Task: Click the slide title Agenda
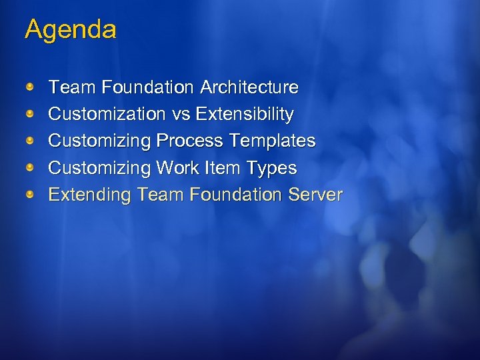[70, 30]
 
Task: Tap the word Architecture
[249, 87]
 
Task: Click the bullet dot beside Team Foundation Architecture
[31, 87]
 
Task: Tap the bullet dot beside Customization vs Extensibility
[31, 114]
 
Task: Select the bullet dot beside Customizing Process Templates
[31, 141]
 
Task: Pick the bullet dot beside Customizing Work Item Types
[31, 167]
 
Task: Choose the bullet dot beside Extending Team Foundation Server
[31, 194]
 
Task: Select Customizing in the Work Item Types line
[100, 168]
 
